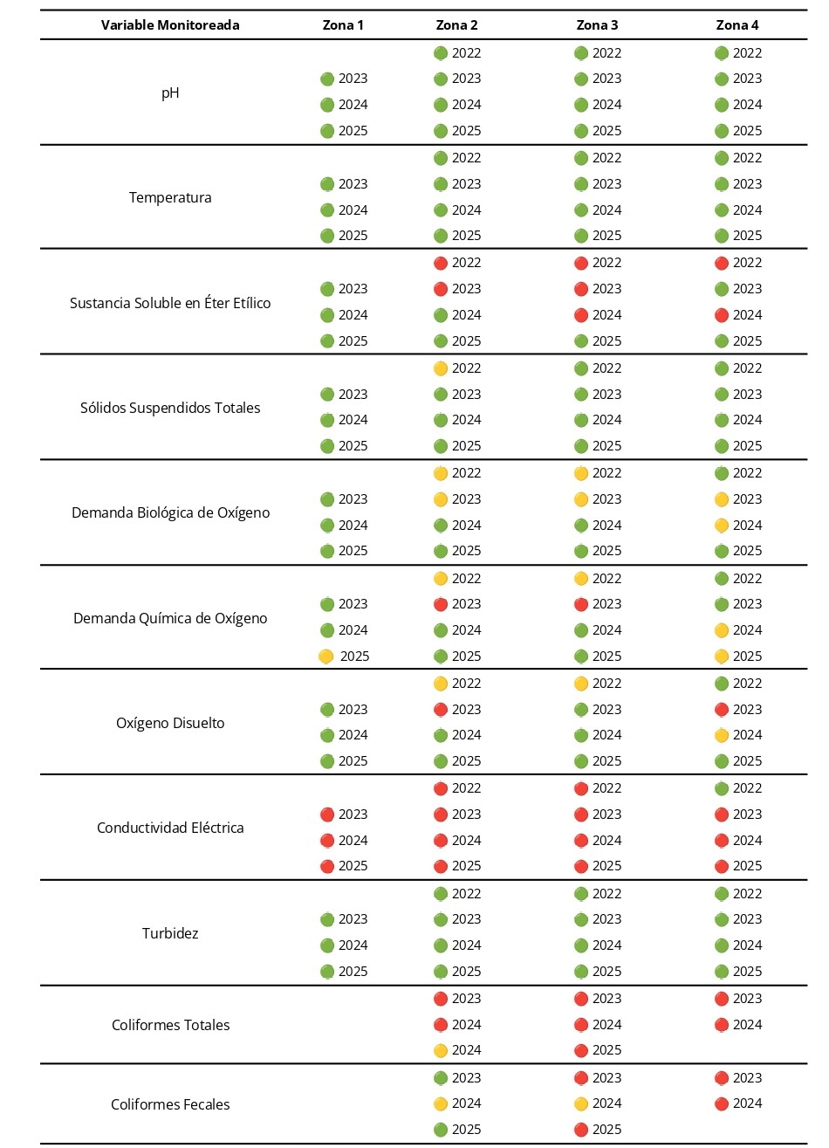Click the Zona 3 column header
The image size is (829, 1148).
(x=597, y=25)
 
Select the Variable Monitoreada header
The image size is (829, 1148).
(x=170, y=25)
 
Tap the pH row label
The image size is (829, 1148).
(x=170, y=93)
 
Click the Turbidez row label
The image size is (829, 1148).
(x=170, y=933)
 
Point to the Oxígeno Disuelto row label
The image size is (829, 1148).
(x=170, y=723)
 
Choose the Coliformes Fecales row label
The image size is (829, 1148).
(x=170, y=1104)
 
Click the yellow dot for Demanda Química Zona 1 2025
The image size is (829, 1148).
(x=326, y=656)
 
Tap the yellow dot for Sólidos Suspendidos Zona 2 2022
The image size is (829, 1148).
(x=441, y=368)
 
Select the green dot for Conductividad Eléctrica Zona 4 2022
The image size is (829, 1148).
(x=722, y=788)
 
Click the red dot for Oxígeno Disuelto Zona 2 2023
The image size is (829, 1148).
(x=441, y=710)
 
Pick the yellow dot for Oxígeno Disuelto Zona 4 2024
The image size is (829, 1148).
(x=722, y=735)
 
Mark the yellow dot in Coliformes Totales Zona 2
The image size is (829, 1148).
(x=441, y=1050)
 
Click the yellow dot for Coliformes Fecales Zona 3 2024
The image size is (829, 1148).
(x=581, y=1103)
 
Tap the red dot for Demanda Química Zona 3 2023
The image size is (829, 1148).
(x=581, y=604)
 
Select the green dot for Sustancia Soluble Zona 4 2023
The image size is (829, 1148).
(x=722, y=289)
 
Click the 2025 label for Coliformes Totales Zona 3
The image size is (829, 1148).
(x=607, y=1050)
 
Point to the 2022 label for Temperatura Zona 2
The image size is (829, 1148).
(x=467, y=158)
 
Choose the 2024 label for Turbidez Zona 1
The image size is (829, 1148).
(x=353, y=945)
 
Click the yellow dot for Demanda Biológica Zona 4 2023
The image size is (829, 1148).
(x=722, y=499)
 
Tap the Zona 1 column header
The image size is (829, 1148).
(x=343, y=25)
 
